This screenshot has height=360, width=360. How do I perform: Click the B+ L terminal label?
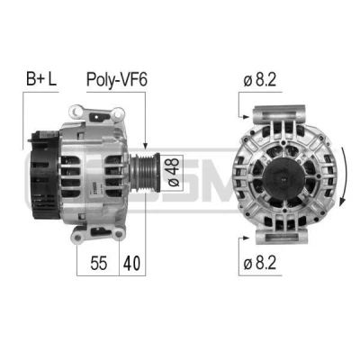pos(41,78)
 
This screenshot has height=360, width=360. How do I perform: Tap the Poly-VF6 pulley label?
pos(117,80)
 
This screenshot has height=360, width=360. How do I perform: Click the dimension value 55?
pos(98,263)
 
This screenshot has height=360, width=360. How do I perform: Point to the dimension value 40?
pos(131,263)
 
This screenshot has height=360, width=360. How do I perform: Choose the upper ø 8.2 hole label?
pos(260,80)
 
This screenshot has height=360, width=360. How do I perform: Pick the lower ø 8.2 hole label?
pos(260,264)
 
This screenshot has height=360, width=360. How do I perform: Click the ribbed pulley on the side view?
pos(145,172)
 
